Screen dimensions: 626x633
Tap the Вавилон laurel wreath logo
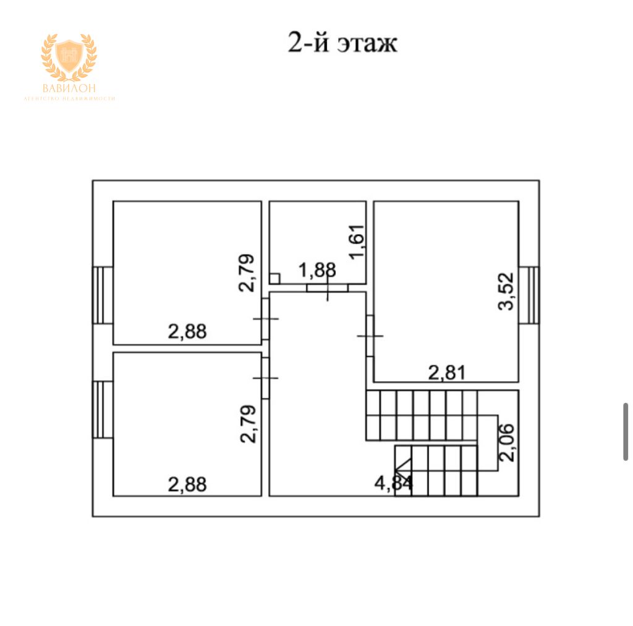(69, 58)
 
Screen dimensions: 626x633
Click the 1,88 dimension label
(317, 270)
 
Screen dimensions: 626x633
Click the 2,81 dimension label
(446, 372)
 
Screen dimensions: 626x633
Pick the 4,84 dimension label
(394, 483)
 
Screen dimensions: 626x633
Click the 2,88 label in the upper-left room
(187, 332)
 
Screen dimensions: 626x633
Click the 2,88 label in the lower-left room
(187, 484)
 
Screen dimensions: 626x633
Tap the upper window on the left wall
(103, 295)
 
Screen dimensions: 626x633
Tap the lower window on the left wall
(103, 410)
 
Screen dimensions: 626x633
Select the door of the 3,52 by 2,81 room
(369, 336)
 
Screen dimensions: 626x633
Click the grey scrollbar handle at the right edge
(626, 431)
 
